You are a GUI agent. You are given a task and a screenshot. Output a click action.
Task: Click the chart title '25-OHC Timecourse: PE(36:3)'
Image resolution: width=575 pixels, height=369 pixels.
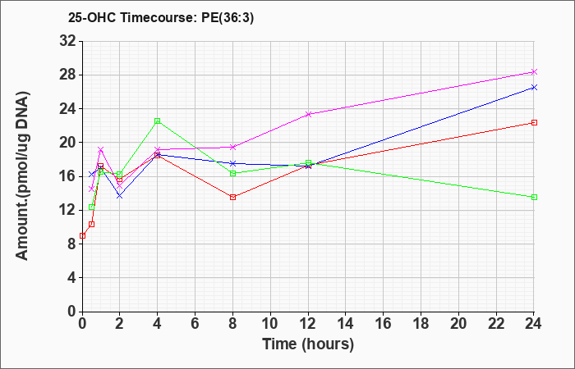(161, 18)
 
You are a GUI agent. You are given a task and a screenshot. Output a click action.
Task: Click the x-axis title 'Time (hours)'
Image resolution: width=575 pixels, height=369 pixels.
(308, 344)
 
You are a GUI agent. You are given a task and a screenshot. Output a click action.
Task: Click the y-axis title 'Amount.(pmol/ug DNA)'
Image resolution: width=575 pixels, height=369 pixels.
(22, 175)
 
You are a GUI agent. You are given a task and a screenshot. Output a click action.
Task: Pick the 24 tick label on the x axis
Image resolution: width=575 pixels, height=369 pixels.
(534, 323)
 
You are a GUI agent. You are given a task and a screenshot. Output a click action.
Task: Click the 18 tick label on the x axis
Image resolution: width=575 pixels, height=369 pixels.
(421, 323)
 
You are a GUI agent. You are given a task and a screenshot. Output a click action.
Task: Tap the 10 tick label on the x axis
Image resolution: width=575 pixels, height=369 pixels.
(270, 323)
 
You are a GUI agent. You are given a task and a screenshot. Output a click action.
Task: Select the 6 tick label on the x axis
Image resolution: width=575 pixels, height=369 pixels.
(195, 323)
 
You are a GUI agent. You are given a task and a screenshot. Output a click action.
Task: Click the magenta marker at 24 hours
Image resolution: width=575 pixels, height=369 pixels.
(534, 72)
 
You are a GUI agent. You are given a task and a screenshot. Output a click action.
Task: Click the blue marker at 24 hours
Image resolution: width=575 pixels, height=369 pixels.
(534, 87)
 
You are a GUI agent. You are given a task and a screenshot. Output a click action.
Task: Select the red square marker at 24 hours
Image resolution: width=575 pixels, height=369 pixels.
(534, 123)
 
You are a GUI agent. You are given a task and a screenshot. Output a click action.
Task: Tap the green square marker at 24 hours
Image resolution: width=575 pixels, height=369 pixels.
(534, 198)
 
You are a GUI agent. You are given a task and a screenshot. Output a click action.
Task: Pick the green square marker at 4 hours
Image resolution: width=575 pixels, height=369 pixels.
(158, 121)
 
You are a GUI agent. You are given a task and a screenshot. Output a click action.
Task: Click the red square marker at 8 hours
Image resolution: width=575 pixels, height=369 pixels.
(232, 198)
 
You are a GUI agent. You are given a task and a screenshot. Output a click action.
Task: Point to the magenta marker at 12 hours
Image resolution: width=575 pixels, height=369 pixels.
(308, 114)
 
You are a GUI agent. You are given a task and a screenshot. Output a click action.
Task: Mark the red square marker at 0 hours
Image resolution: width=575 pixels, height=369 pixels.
(82, 236)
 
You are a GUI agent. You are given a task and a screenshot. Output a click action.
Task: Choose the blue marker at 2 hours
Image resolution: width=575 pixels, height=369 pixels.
(120, 196)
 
